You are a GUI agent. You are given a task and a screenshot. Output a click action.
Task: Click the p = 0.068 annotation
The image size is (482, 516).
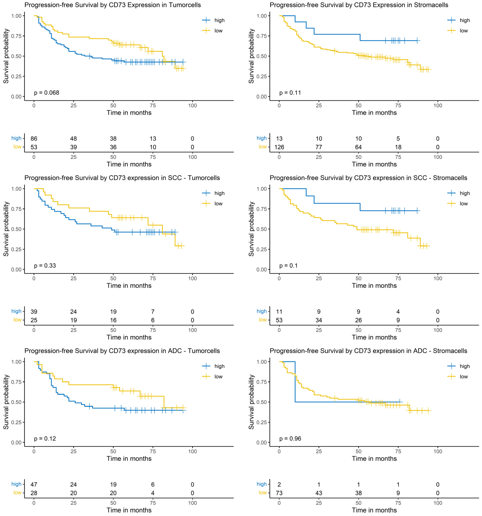tap(46, 93)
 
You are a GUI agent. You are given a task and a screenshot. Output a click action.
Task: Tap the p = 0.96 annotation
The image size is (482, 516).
tap(290, 439)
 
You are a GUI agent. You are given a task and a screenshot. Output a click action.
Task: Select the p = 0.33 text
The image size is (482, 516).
tap(45, 265)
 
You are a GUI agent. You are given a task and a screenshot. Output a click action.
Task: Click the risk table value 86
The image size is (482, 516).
tap(34, 139)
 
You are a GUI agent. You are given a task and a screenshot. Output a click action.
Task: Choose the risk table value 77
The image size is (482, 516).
tap(319, 147)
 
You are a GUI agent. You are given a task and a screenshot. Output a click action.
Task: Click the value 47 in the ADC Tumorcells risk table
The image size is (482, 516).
tap(34, 484)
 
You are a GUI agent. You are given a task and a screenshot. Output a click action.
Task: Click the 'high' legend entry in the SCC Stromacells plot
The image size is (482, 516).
tap(465, 193)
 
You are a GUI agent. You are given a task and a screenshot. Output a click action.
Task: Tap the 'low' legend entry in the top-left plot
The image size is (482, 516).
tap(218, 31)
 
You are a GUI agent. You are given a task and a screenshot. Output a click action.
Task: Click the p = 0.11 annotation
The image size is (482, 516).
tap(290, 93)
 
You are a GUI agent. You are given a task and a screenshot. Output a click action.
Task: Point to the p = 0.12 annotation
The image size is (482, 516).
tap(45, 439)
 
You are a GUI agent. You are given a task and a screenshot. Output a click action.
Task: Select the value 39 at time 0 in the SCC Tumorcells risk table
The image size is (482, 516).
tap(34, 312)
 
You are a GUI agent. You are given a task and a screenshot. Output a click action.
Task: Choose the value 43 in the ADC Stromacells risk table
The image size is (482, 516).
tap(319, 493)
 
